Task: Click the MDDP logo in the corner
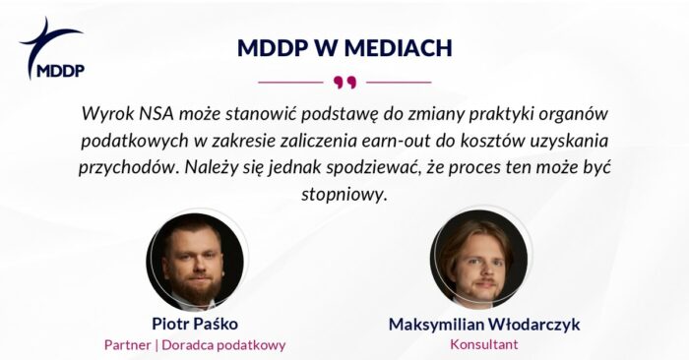[x=51, y=48]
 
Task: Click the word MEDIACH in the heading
[x=398, y=48]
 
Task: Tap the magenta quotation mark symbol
[x=344, y=82]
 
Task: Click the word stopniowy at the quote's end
[x=344, y=195]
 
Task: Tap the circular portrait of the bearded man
[x=195, y=262]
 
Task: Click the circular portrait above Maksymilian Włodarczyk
[x=478, y=259]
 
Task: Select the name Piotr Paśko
[x=195, y=324]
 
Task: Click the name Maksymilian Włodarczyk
[x=484, y=325]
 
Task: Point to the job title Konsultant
[x=484, y=344]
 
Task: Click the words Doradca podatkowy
[x=223, y=345]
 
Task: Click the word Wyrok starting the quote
[x=107, y=114]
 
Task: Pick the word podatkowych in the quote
[x=134, y=142]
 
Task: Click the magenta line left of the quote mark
[x=290, y=82]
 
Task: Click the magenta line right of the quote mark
[x=399, y=82]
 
